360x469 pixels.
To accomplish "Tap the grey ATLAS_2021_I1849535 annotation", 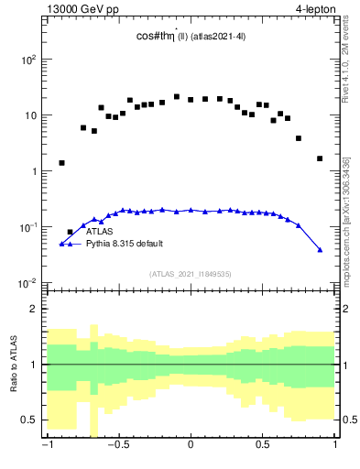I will point(190,273).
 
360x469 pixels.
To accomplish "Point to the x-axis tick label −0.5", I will point(117,446).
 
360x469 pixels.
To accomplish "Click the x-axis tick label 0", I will point(191,446).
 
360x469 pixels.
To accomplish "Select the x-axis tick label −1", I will point(46,446).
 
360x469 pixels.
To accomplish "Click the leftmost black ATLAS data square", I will point(61,163).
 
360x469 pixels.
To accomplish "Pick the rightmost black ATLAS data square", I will point(320,158).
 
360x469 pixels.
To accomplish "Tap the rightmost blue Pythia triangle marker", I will point(320,249).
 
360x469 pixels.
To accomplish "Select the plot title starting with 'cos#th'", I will point(188,37).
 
